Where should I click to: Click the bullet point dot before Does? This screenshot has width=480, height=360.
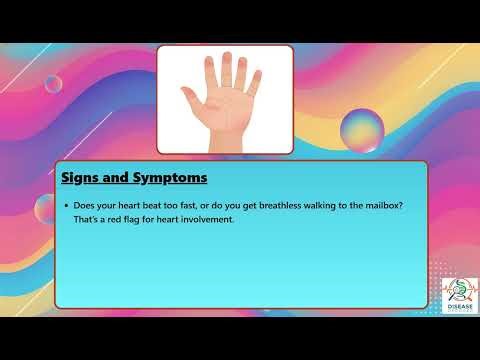point(65,206)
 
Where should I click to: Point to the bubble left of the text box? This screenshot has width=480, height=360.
point(45,208)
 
